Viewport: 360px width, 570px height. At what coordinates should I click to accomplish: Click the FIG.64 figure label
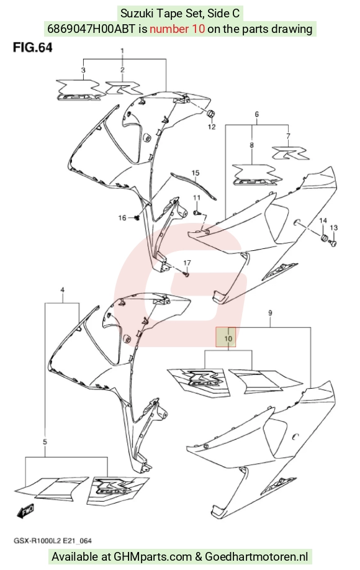(33, 48)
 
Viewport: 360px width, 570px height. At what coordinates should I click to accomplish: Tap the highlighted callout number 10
(228, 338)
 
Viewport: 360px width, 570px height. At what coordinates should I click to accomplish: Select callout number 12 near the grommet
(212, 127)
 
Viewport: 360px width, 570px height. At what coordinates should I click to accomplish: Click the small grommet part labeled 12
(210, 114)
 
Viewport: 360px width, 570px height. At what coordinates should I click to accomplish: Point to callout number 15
(196, 173)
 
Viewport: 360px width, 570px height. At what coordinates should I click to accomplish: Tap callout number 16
(122, 218)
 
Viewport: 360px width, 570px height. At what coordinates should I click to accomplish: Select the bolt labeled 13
(333, 243)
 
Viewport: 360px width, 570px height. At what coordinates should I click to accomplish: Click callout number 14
(323, 220)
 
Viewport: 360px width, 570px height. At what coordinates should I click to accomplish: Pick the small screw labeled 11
(196, 212)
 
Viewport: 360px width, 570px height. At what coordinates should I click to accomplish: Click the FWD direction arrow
(25, 511)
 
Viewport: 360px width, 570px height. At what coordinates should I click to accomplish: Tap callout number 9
(270, 312)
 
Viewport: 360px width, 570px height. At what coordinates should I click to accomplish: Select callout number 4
(63, 290)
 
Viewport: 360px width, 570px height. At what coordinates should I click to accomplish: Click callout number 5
(45, 442)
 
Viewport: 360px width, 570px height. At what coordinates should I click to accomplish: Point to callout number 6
(256, 114)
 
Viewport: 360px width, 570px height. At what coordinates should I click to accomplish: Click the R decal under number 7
(290, 153)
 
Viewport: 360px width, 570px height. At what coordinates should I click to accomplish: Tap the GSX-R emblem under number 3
(80, 90)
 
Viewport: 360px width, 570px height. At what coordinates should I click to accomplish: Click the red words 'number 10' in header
(178, 29)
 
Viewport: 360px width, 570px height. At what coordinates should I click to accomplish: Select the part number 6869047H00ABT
(92, 29)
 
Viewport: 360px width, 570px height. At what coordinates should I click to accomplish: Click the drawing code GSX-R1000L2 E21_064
(53, 541)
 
